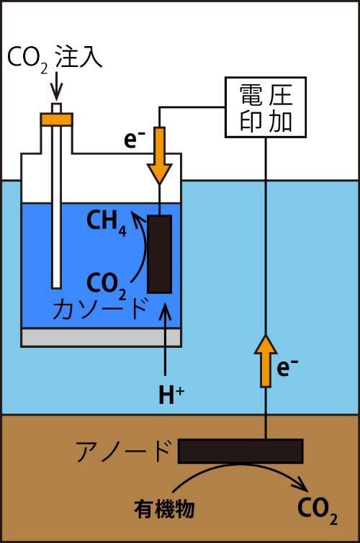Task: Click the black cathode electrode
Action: pos(159,253)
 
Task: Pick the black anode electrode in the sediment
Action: pos(240,451)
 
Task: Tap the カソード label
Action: pos(100,308)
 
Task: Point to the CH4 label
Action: pos(106,223)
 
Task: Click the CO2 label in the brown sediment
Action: pos(317,509)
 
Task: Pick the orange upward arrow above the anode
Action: pos(266,360)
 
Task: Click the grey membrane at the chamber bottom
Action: pos(101,336)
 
